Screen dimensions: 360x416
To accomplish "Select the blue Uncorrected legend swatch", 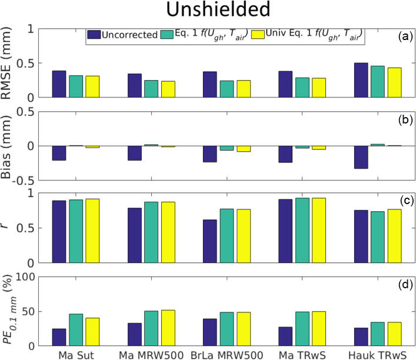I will coord(94,35).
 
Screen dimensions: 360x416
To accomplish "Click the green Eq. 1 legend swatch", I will coord(167,35).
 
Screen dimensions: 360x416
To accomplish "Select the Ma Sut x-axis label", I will coord(75,355).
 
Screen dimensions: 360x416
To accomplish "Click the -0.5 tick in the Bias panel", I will coord(27,180).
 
